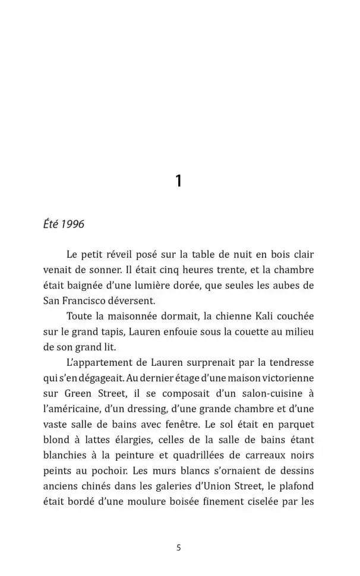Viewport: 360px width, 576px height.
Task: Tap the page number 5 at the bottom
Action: coord(179,548)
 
